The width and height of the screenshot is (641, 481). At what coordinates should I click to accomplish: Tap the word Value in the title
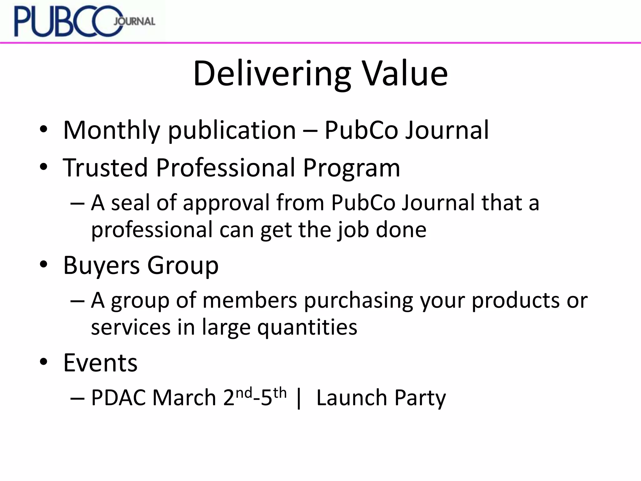[x=405, y=74]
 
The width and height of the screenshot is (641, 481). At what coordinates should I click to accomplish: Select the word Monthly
[x=111, y=130]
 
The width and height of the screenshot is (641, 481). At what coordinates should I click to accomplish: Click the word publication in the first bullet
[x=232, y=130]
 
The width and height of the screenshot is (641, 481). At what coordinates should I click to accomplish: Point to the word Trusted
[x=105, y=168]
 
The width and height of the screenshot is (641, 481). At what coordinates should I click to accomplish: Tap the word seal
[x=130, y=203]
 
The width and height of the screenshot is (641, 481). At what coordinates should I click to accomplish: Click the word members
[x=249, y=300]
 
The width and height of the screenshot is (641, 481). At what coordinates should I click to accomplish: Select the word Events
[x=100, y=363]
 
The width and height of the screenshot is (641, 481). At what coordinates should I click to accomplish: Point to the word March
[x=184, y=398]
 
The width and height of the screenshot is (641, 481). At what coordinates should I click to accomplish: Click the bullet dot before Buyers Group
[x=44, y=265]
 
